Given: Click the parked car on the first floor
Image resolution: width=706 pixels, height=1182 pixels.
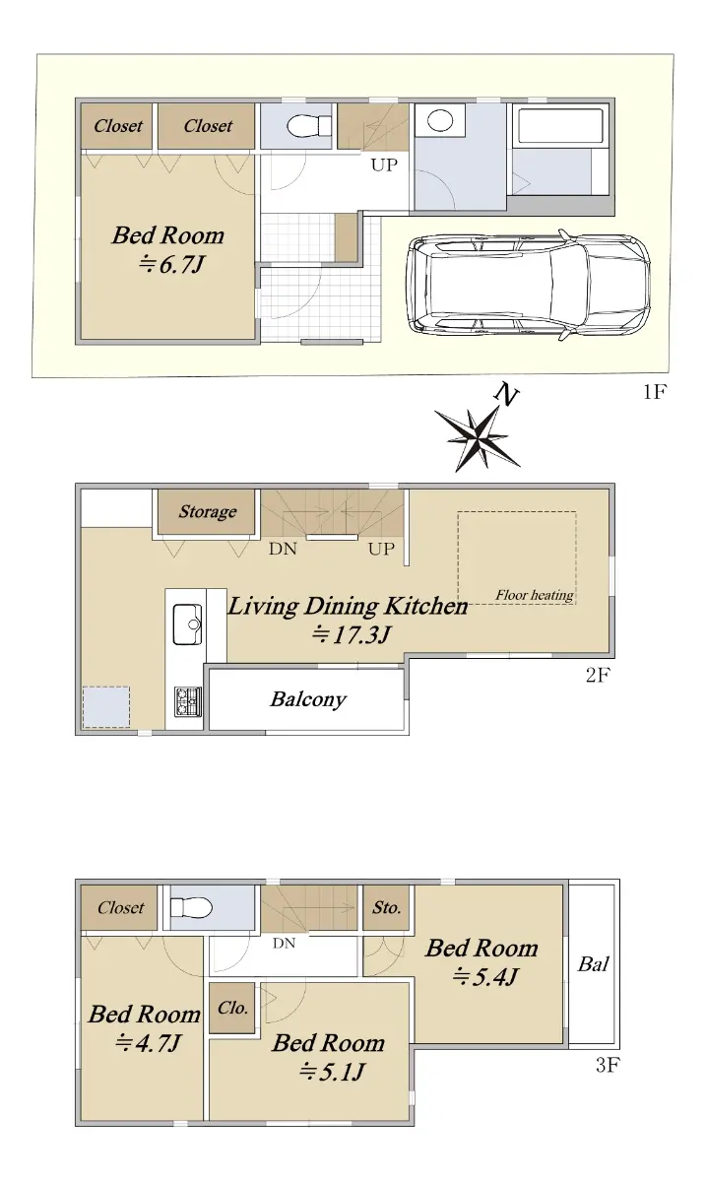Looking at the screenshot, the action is [528, 286].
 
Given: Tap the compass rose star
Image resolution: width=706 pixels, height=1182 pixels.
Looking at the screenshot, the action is [478, 438].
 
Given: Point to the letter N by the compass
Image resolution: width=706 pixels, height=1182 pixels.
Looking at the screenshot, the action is [506, 394].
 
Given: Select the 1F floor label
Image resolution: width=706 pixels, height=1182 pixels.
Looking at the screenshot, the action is [655, 392].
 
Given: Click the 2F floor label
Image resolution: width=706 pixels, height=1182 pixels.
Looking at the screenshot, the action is [598, 675].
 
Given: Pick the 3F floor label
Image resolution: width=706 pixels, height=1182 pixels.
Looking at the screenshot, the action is [608, 1065].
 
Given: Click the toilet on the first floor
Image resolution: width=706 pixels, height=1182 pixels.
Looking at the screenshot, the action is [309, 126].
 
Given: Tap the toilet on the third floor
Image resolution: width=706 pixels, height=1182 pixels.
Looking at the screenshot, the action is [191, 907].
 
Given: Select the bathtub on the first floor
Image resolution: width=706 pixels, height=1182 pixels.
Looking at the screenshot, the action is [560, 126].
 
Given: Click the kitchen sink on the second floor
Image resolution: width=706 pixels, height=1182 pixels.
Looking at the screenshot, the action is [187, 624].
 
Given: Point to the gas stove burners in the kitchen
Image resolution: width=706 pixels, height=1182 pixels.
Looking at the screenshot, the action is [188, 701].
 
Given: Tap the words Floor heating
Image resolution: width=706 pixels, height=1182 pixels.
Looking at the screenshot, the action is [534, 595].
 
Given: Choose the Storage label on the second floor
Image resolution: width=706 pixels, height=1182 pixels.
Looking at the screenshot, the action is [208, 511].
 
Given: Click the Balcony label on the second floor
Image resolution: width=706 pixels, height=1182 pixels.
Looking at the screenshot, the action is [308, 699].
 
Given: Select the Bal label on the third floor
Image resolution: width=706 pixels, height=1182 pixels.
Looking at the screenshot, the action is [594, 964].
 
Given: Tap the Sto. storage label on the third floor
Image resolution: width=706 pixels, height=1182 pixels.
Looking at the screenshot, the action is [387, 907].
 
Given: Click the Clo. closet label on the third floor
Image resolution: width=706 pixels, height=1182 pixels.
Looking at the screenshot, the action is [232, 1008].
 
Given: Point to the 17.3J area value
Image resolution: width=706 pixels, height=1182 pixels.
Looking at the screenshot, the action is [351, 634].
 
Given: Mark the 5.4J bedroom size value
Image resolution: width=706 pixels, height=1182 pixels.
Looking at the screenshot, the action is [485, 977].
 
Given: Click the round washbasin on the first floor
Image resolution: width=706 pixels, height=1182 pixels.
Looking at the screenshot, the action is [440, 120].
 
